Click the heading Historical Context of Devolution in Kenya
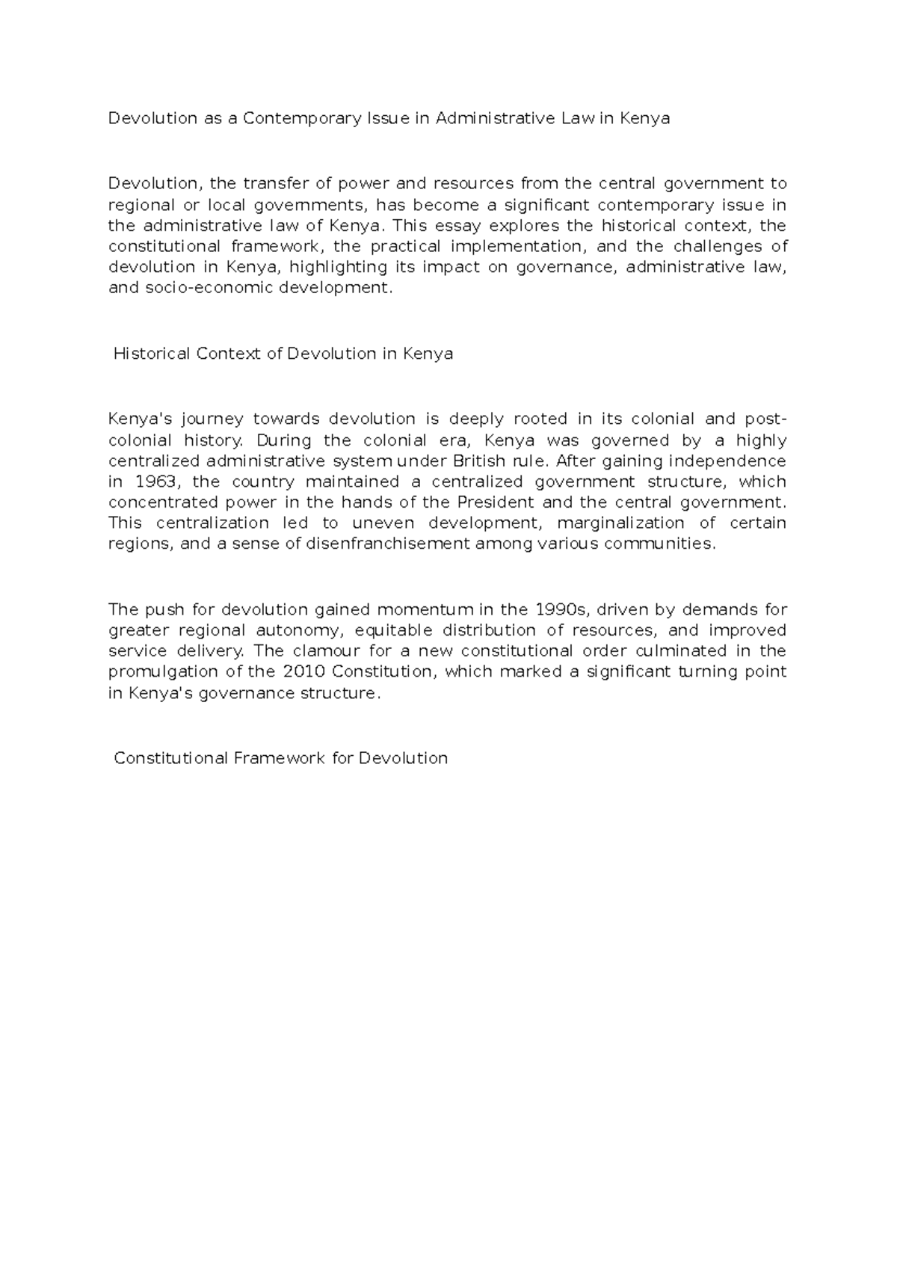coord(283,354)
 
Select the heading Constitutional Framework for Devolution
coord(280,758)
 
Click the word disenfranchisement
coord(389,544)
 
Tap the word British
coord(479,461)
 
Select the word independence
coord(727,461)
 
